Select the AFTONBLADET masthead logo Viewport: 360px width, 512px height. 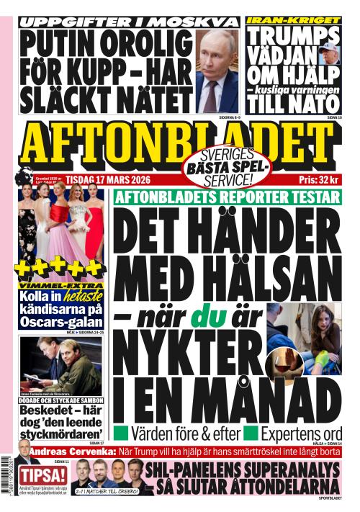tap(179, 141)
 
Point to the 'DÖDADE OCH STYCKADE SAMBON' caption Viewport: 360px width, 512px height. tap(61, 400)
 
